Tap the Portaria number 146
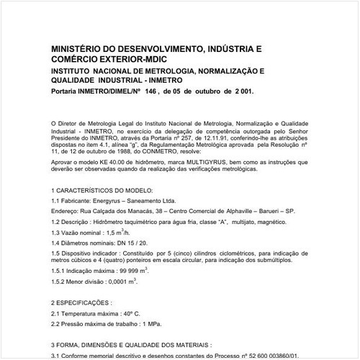point(143,93)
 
